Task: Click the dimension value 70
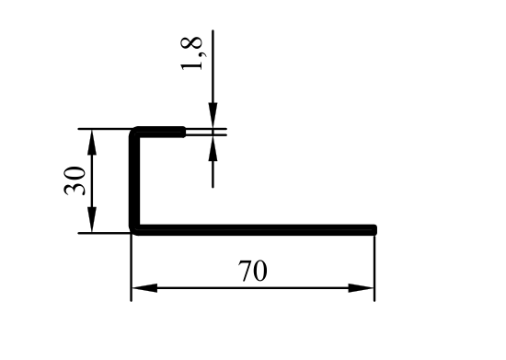pyautogui.click(x=253, y=271)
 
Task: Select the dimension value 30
pyautogui.click(x=75, y=180)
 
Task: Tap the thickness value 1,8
pyautogui.click(x=192, y=53)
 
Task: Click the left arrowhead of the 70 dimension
pyautogui.click(x=144, y=288)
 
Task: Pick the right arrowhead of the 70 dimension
pyautogui.click(x=361, y=288)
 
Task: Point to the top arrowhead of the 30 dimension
pyautogui.click(x=92, y=142)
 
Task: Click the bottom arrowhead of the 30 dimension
pyautogui.click(x=92, y=219)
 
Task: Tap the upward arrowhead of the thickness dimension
pyautogui.click(x=213, y=147)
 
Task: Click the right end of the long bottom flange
pyautogui.click(x=374, y=230)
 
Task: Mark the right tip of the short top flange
pyautogui.click(x=183, y=132)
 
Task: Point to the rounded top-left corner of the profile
pyautogui.click(x=133, y=132)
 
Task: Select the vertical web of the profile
pyautogui.click(x=134, y=180)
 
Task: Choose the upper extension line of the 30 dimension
pyautogui.click(x=104, y=129)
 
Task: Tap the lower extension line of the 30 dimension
pyautogui.click(x=104, y=233)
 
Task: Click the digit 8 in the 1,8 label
pyautogui.click(x=192, y=43)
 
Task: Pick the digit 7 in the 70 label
pyautogui.click(x=246, y=271)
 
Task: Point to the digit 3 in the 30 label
pyautogui.click(x=75, y=188)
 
